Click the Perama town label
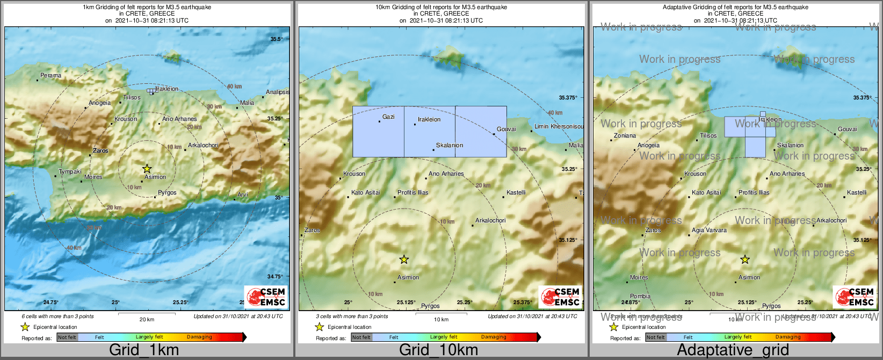point(51,76)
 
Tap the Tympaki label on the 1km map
point(70,172)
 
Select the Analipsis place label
point(278,92)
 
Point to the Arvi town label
point(243,195)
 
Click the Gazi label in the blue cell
point(388,117)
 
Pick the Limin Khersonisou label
point(559,126)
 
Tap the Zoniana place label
point(625,136)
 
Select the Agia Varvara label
point(709,231)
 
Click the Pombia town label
point(640,296)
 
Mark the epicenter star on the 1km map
point(147,169)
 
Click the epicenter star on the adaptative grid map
point(745,260)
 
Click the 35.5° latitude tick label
point(276,39)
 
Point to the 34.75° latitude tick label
point(275,277)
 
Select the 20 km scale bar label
point(147,320)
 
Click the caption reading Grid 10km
point(438,350)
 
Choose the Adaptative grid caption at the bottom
point(733,350)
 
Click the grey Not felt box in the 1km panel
point(67,337)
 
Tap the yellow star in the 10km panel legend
point(319,327)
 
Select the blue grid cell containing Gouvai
point(481,132)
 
